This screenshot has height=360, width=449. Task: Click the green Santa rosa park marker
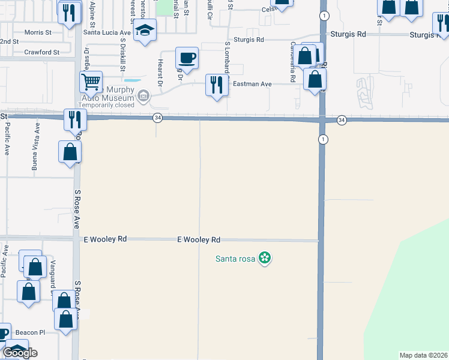click(x=265, y=259)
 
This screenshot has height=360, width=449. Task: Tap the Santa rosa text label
click(x=235, y=259)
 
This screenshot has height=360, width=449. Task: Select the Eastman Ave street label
click(x=253, y=84)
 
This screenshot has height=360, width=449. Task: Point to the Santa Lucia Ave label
click(x=107, y=32)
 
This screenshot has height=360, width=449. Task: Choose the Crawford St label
click(x=42, y=52)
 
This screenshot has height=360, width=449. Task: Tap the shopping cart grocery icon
click(x=91, y=81)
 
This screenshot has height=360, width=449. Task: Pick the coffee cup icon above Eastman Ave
click(x=187, y=59)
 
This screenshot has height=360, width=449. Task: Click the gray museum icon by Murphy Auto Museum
click(x=143, y=95)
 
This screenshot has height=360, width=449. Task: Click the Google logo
click(x=20, y=353)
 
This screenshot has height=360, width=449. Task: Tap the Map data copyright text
click(x=423, y=355)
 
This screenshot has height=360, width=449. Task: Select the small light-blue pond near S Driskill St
click(x=133, y=80)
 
